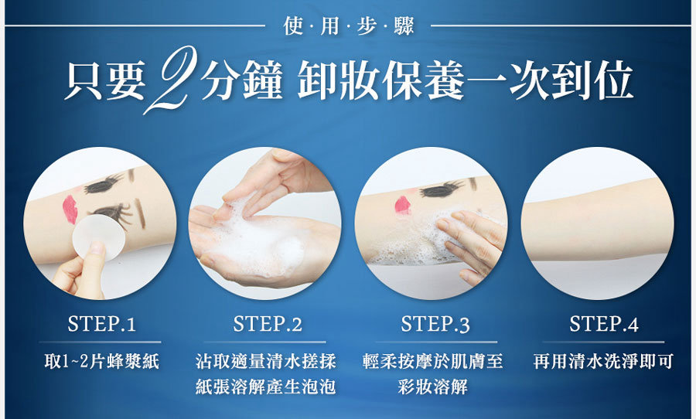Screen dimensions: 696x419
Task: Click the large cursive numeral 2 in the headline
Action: (x=171, y=80)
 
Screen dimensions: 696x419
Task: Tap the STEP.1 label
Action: (x=101, y=324)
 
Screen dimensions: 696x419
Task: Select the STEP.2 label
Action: (x=268, y=324)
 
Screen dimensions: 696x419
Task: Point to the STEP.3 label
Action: (x=435, y=324)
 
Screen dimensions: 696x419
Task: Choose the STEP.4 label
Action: (x=604, y=324)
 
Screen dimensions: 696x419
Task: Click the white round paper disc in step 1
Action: (x=98, y=236)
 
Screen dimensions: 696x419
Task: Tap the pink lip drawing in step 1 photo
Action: (x=70, y=209)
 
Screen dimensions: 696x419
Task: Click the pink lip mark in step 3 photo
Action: (x=403, y=205)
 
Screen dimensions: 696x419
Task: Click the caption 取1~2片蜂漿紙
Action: (x=101, y=362)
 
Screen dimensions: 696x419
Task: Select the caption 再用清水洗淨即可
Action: (x=603, y=361)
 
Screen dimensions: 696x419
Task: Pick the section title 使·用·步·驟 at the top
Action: (x=349, y=26)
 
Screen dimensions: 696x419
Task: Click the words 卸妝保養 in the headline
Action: (x=380, y=80)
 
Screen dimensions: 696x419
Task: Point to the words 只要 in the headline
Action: (x=104, y=80)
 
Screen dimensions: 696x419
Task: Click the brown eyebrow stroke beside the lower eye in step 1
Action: (x=140, y=213)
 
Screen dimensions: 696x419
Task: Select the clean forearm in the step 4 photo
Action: (x=597, y=219)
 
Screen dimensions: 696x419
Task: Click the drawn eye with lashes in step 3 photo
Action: (x=442, y=189)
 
